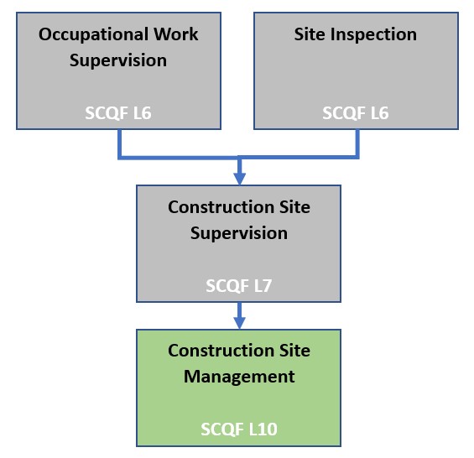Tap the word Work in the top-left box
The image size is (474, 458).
176,34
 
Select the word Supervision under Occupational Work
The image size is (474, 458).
118,60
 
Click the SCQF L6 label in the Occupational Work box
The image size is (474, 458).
118,112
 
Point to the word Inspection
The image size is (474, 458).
373,35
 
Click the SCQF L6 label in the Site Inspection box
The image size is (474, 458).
356,112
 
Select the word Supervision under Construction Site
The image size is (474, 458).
239,234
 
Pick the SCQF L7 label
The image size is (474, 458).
239,286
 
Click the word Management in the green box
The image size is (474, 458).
239,377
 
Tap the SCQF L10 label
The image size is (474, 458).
239,429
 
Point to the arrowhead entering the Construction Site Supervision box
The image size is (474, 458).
239,179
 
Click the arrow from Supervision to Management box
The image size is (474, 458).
239,315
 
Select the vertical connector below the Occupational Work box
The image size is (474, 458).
120,143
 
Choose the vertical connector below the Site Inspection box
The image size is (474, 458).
357,143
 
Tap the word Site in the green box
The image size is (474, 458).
294,351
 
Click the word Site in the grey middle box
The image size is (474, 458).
294,207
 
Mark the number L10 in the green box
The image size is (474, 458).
263,429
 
